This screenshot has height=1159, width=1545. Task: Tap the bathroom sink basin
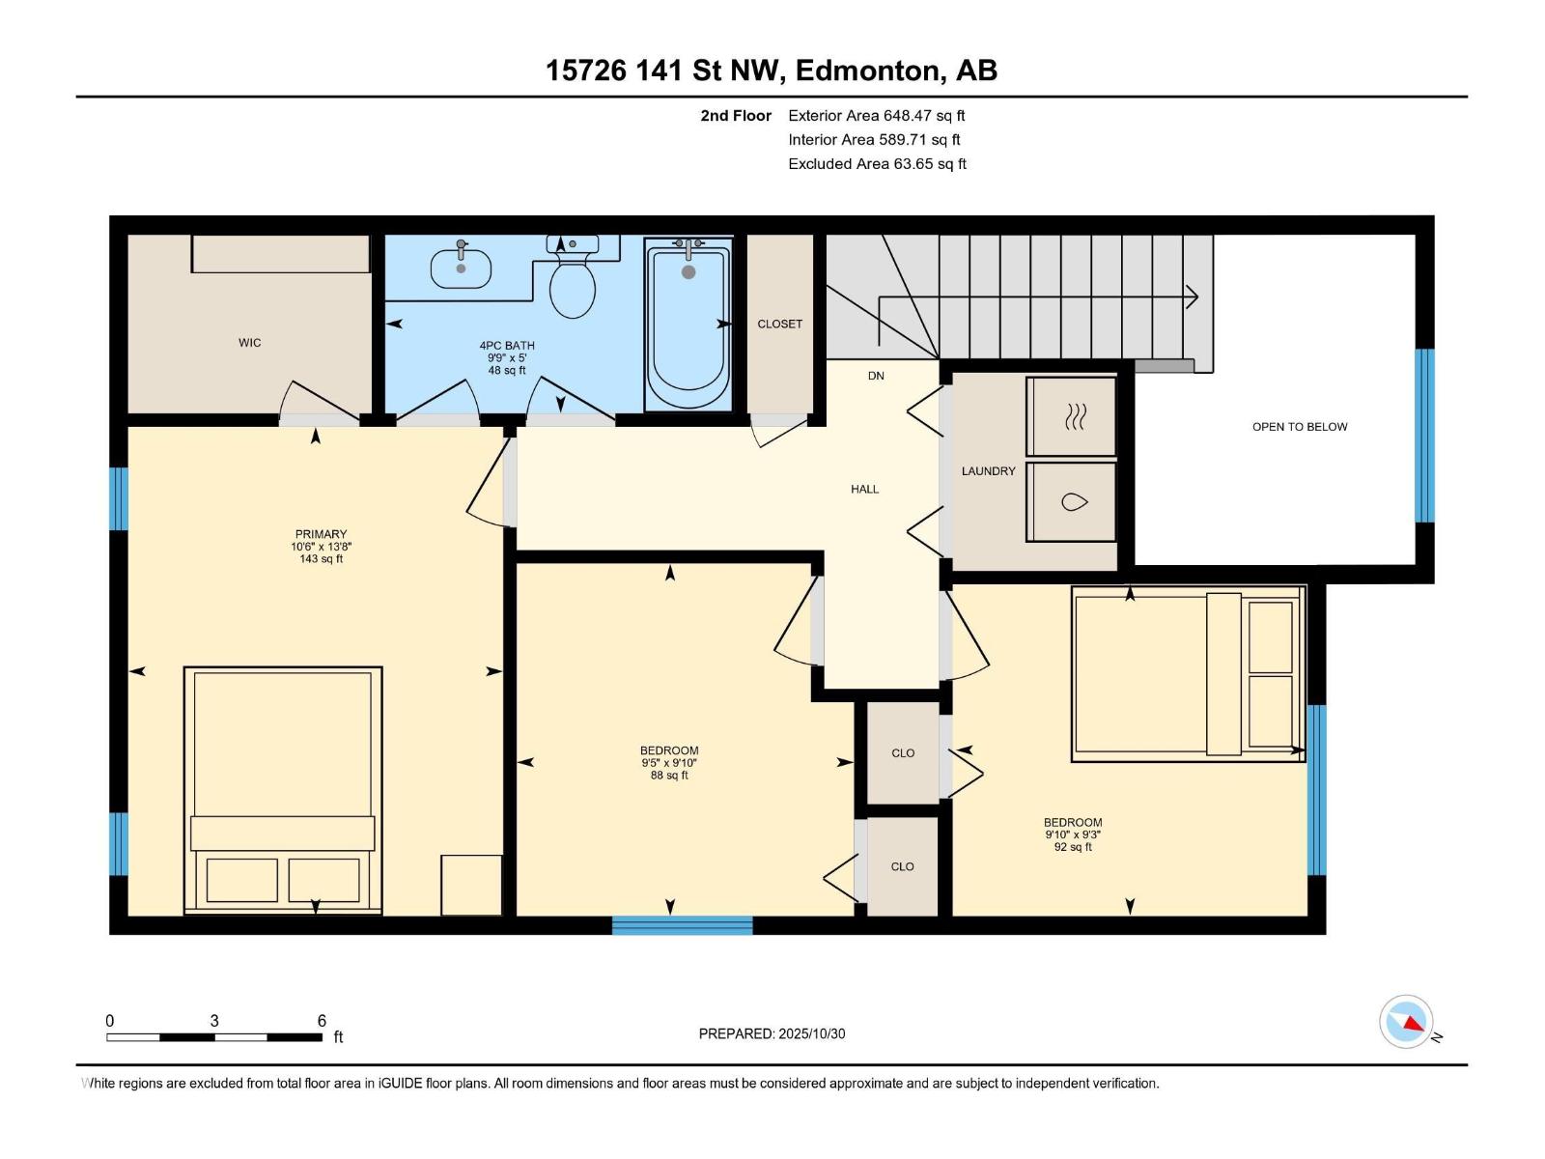(x=461, y=269)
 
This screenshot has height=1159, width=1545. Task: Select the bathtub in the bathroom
(x=688, y=323)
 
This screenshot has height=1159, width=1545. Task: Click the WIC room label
(x=250, y=343)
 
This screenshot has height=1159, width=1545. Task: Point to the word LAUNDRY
(x=988, y=470)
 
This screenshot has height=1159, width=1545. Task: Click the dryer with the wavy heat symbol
(x=1071, y=416)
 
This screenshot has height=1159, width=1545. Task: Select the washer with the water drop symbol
(x=1071, y=501)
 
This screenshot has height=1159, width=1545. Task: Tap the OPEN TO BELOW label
(x=1300, y=427)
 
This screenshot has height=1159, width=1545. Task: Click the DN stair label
(x=876, y=376)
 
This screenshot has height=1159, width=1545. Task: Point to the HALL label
(x=864, y=489)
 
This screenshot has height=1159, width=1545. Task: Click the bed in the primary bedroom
(x=283, y=789)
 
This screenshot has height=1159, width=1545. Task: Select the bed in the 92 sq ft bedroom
(x=1188, y=673)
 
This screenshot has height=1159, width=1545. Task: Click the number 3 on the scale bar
(x=214, y=1020)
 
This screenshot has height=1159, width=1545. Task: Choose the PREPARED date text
(x=772, y=1033)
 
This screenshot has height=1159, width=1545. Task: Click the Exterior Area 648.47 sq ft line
(x=877, y=115)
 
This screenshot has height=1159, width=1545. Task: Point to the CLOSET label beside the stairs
(x=779, y=324)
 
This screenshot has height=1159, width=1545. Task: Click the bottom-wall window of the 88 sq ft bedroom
(x=682, y=925)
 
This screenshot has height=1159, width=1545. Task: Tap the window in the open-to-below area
(x=1424, y=436)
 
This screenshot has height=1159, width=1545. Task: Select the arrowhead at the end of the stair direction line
(x=1193, y=297)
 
